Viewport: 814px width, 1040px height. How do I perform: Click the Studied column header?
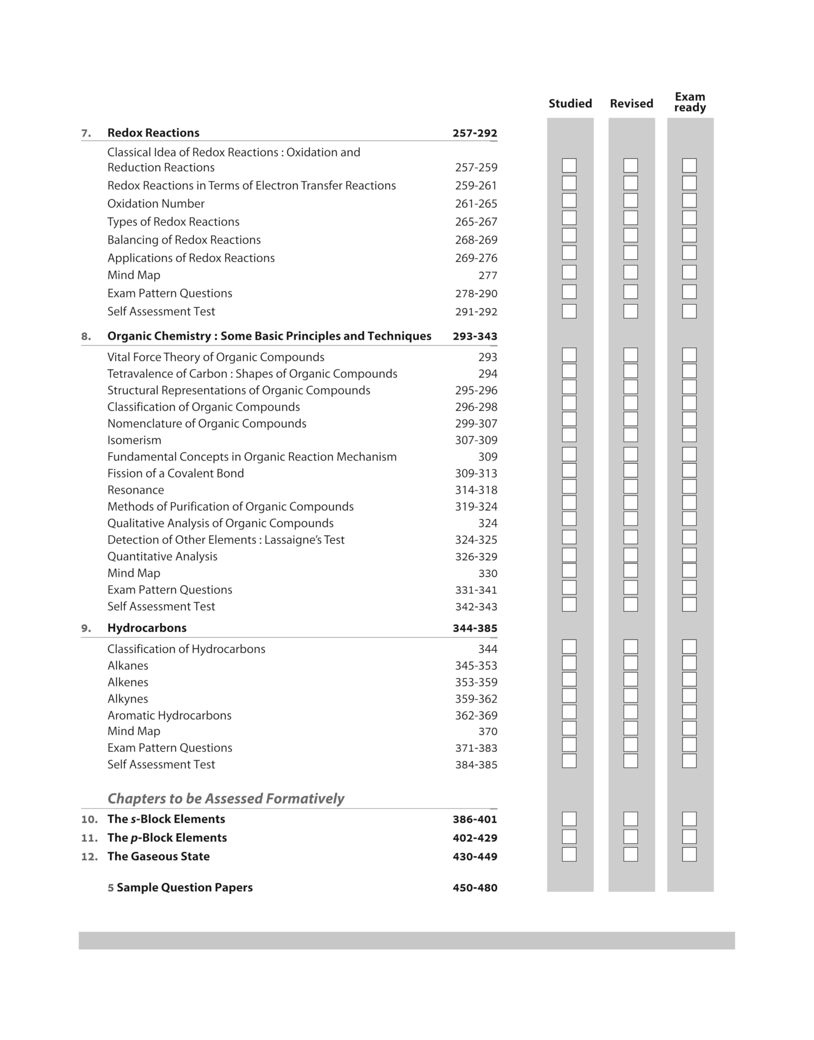point(570,103)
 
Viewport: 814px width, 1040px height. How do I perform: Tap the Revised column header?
point(632,103)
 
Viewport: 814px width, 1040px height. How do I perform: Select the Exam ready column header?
point(690,102)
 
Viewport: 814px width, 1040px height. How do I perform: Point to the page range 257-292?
point(475,133)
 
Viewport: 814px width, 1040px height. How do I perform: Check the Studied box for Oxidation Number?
point(569,200)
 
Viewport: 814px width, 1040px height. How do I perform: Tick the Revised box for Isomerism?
point(631,435)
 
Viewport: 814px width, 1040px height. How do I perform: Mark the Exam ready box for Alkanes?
point(689,663)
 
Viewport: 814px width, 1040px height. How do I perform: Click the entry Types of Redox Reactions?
point(173,222)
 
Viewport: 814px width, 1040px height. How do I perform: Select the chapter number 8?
point(86,336)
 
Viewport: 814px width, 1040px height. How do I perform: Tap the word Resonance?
point(135,490)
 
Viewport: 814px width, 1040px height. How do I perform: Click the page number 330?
point(488,574)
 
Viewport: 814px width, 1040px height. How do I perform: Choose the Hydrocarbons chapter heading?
point(147,628)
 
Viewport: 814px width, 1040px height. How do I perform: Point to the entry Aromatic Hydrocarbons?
point(169,715)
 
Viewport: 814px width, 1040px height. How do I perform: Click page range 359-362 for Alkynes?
point(475,699)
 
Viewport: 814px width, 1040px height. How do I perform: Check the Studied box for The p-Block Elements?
point(569,837)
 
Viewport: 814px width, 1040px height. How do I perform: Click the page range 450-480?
point(475,888)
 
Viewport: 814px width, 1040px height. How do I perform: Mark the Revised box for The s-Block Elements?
point(631,819)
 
